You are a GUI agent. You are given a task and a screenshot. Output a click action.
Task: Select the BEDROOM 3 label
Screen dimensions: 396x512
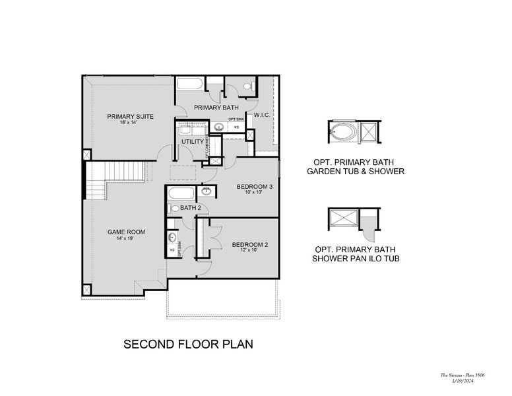(255, 187)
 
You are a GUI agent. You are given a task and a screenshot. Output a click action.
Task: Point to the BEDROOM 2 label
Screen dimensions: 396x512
(249, 244)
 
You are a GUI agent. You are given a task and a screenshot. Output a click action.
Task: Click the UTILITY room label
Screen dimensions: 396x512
(192, 142)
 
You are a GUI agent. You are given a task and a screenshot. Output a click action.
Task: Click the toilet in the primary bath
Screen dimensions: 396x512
(248, 86)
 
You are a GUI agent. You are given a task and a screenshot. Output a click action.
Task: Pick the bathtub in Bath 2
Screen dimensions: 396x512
(180, 194)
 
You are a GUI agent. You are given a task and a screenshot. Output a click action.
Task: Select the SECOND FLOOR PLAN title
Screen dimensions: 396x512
(189, 345)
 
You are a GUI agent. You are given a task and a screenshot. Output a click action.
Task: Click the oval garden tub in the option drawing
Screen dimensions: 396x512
(342, 131)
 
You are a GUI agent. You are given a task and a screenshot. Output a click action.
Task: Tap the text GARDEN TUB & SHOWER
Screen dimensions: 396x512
(356, 172)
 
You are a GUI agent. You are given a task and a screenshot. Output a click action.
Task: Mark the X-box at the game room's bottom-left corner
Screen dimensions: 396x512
(86, 288)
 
